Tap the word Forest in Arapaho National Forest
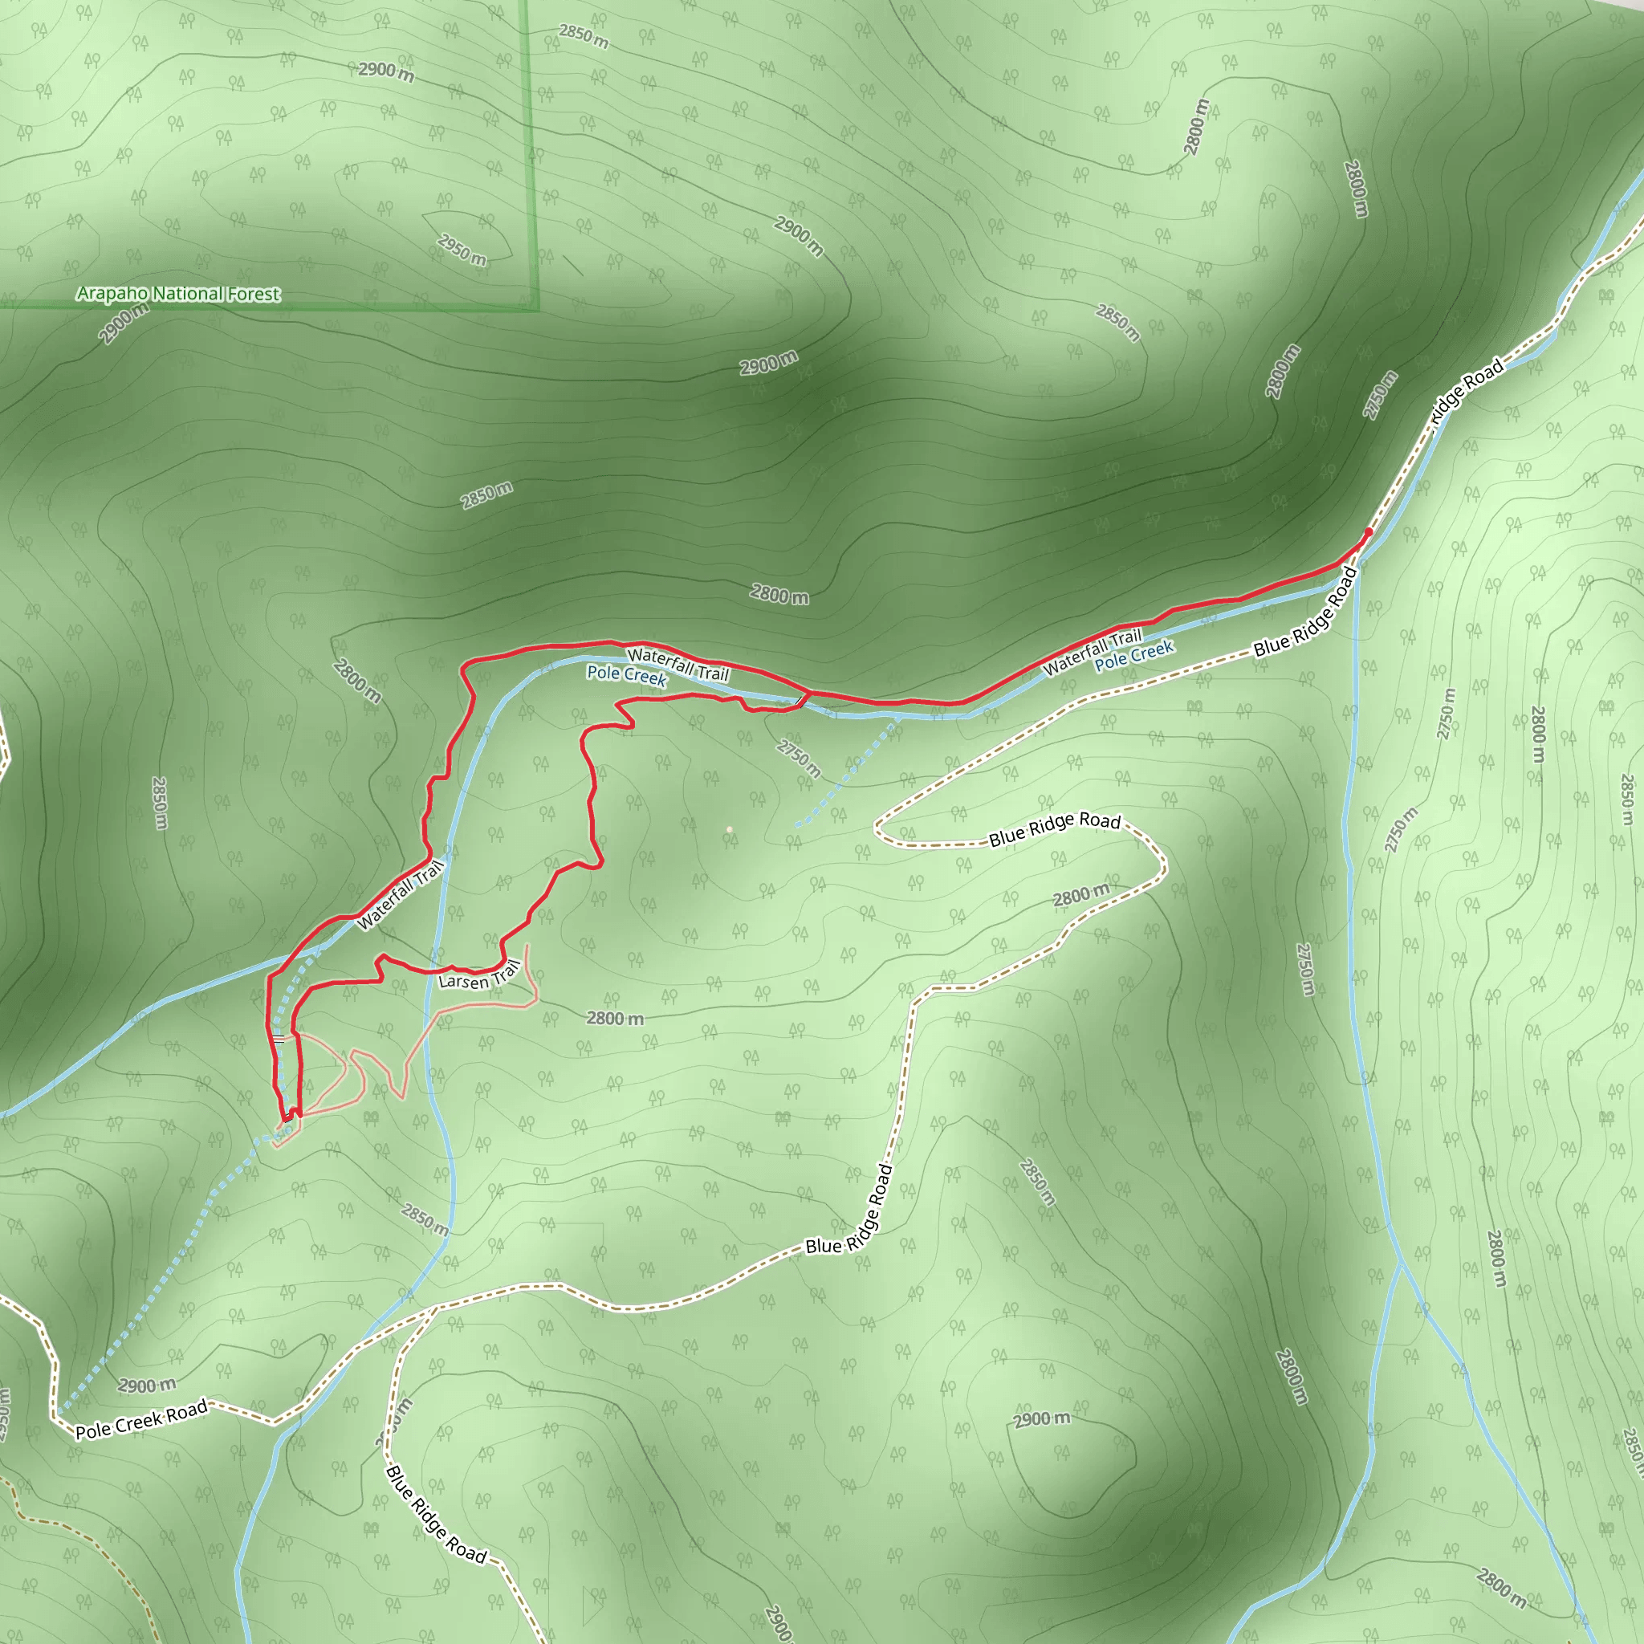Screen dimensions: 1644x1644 253,295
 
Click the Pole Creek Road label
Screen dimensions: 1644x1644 141,1420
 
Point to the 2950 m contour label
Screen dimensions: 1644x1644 462,250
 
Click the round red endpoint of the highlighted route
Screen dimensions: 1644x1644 1367,533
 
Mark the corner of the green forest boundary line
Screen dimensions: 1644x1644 537,308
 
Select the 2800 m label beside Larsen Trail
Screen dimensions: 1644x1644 614,1018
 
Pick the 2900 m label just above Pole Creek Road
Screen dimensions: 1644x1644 146,1386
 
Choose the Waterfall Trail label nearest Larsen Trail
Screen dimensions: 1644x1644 400,895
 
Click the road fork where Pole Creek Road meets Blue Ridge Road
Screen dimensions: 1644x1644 436,1306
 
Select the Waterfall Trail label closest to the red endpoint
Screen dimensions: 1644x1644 1092,651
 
